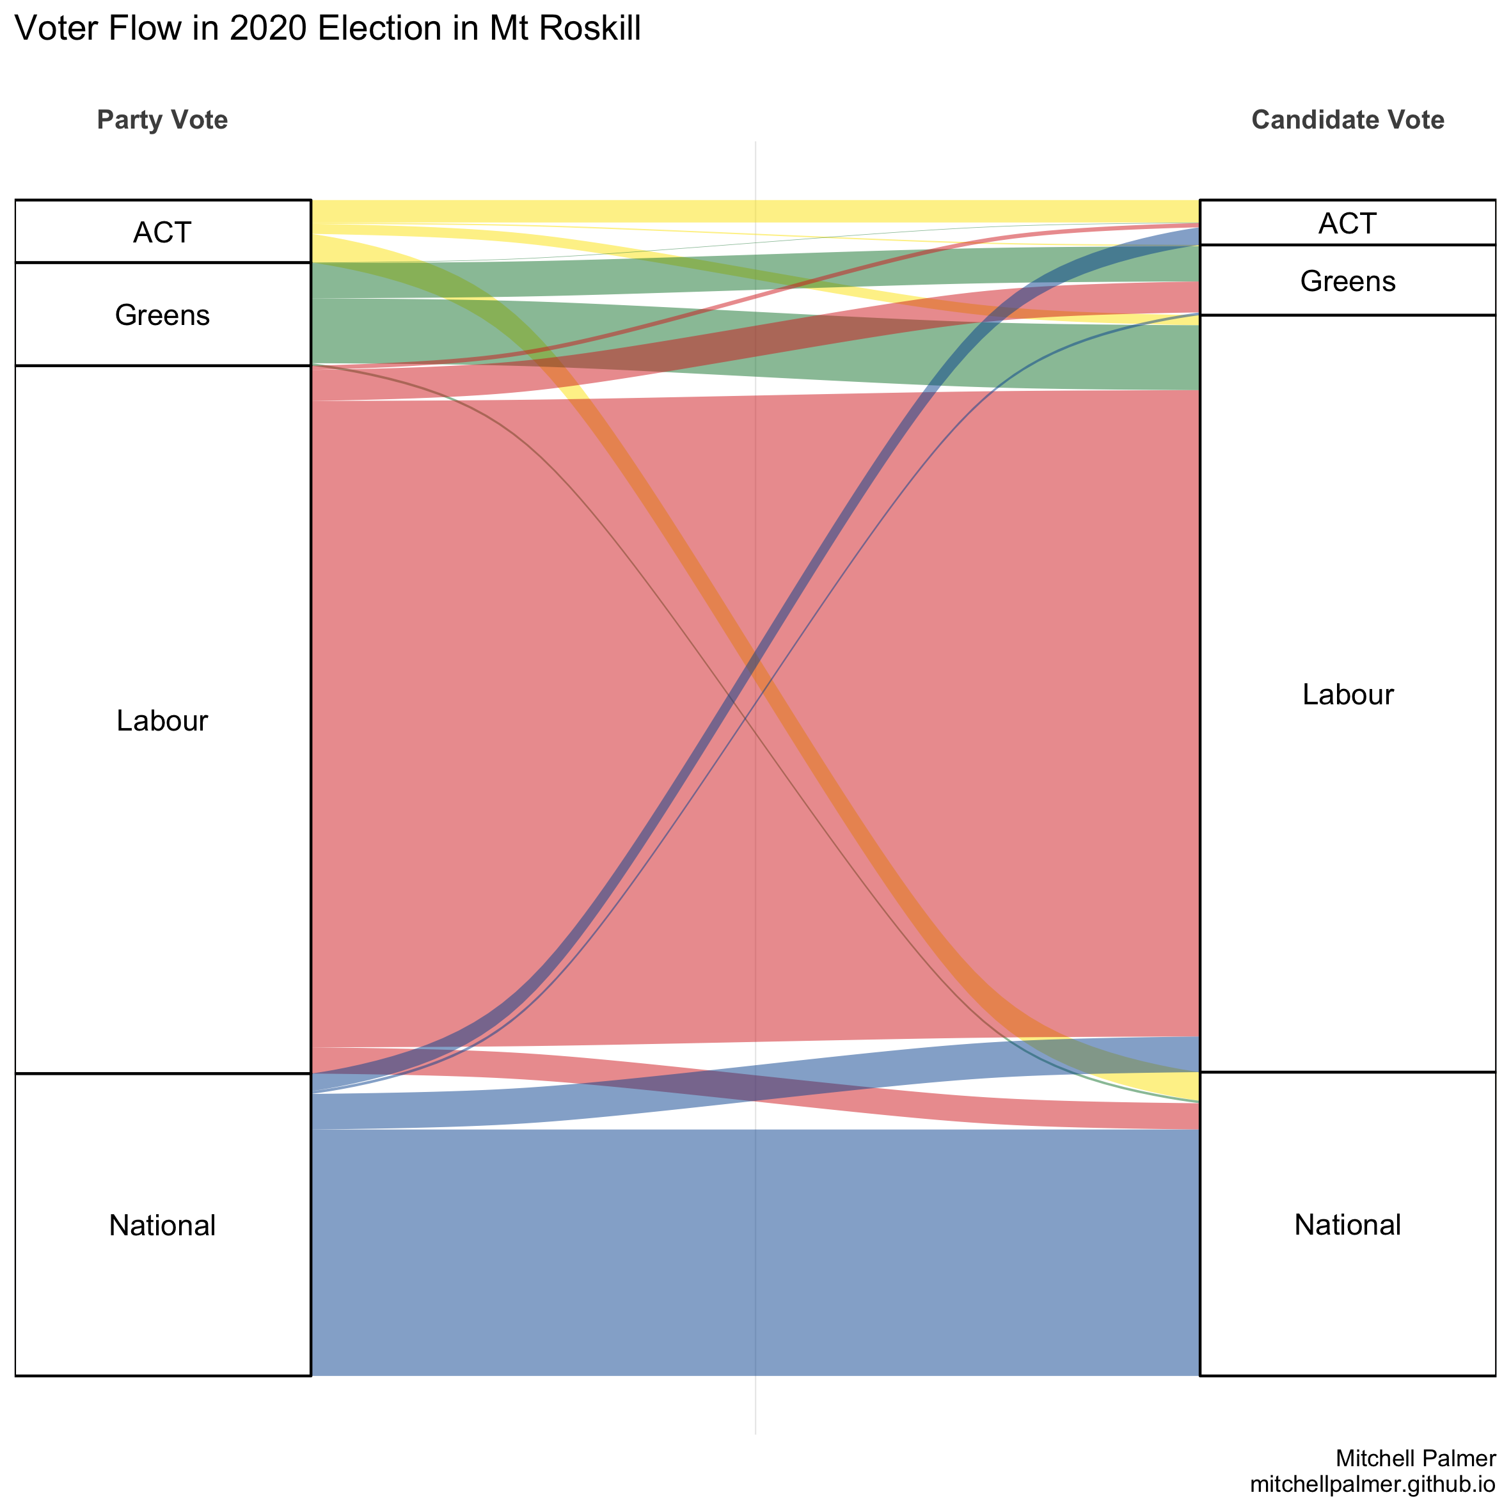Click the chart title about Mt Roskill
pyautogui.click(x=328, y=29)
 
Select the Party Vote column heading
pyautogui.click(x=162, y=120)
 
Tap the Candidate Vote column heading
pyautogui.click(x=1347, y=120)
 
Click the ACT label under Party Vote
pyautogui.click(x=162, y=232)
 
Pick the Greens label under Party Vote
pyautogui.click(x=162, y=315)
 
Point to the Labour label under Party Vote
pyautogui.click(x=162, y=720)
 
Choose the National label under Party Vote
pyautogui.click(x=162, y=1225)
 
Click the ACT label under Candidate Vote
pyautogui.click(x=1347, y=224)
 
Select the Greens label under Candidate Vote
pyautogui.click(x=1347, y=281)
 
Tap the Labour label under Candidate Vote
pyautogui.click(x=1347, y=695)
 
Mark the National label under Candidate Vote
pyautogui.click(x=1347, y=1225)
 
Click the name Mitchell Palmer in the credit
pyautogui.click(x=1416, y=1458)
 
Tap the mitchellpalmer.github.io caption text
pyautogui.click(x=1373, y=1483)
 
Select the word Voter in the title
pyautogui.click(x=56, y=29)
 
